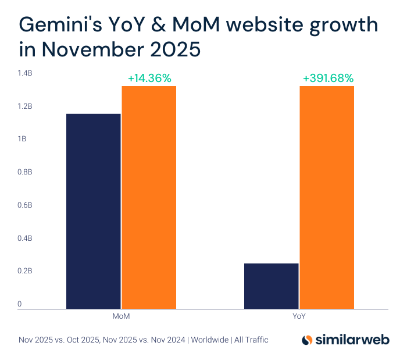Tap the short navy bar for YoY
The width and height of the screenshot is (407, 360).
click(272, 286)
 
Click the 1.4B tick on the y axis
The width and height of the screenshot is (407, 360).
click(25, 73)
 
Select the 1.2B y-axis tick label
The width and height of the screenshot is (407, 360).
click(25, 106)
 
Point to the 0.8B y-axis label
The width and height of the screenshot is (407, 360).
click(25, 172)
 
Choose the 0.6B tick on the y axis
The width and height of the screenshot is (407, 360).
click(25, 205)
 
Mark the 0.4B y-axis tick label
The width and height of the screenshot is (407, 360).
click(25, 238)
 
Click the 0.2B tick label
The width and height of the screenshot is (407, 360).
click(25, 271)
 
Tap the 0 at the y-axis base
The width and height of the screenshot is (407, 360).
click(20, 304)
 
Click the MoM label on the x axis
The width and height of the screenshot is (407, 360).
click(121, 317)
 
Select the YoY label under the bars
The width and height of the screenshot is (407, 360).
click(299, 317)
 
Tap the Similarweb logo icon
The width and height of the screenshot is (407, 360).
click(308, 340)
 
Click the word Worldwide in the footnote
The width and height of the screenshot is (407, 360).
click(210, 340)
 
